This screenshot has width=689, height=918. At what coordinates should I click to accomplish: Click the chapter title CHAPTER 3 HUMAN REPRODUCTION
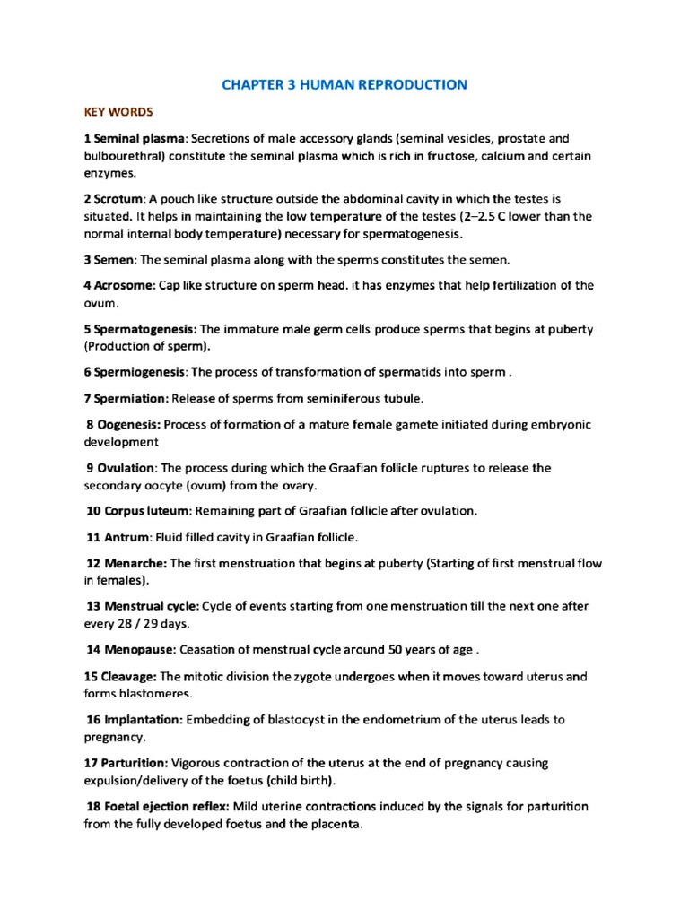pos(344,85)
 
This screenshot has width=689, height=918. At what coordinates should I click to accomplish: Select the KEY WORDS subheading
pos(118,112)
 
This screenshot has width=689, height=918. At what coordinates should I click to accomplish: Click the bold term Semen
pos(114,260)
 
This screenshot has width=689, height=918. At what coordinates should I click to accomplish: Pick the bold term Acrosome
pos(124,286)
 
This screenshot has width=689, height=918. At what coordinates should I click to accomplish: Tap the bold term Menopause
pos(139,649)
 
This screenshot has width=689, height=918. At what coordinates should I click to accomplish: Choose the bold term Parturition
pos(132,763)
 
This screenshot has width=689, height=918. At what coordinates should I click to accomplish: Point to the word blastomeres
pos(155,694)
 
